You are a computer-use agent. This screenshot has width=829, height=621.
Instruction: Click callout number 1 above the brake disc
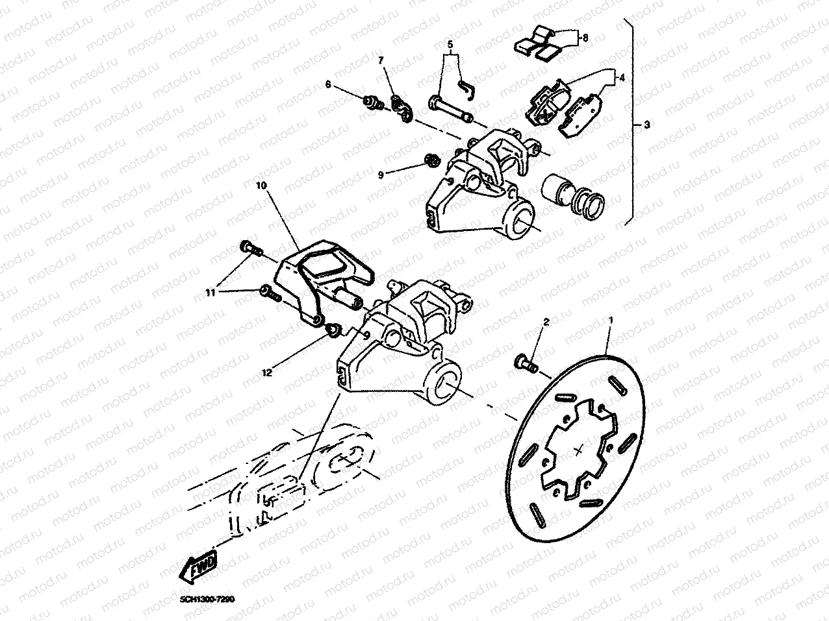coord(609,321)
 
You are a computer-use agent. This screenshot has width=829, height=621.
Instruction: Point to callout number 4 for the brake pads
coord(622,77)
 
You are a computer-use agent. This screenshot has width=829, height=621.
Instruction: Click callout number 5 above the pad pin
coord(449,44)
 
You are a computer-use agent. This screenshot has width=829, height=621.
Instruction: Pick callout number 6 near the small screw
coord(327,84)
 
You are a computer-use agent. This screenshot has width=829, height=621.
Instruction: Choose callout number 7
coord(381,60)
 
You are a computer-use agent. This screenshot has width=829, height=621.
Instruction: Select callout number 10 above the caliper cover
coord(261,186)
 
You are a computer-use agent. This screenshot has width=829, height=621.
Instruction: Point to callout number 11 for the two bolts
coord(210,293)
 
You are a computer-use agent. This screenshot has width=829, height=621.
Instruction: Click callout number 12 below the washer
coord(266,372)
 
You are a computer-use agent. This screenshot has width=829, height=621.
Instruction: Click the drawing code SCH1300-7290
coord(202,600)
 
